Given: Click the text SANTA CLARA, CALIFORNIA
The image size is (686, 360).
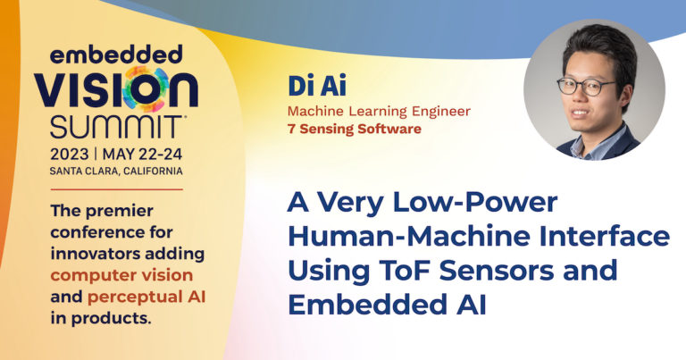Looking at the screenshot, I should coord(104,171).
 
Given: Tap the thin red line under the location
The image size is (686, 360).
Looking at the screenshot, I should coord(104,189).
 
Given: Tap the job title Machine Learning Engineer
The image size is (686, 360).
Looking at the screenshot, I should coord(378,112).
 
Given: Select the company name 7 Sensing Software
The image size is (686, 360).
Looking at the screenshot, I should coord(354,130).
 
